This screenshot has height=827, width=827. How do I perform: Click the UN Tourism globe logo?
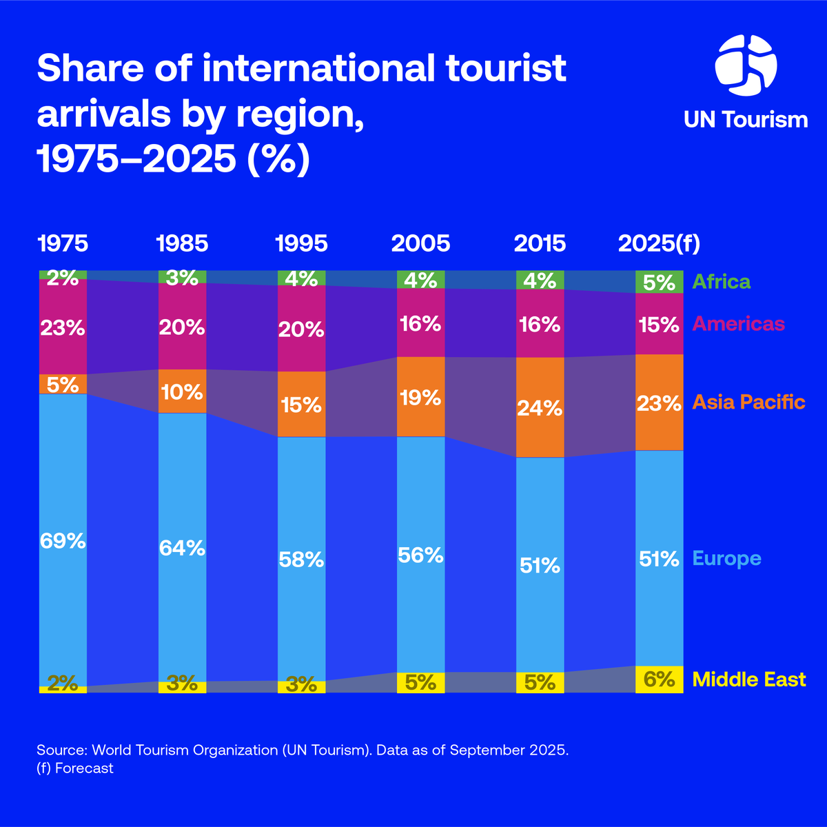tap(746, 66)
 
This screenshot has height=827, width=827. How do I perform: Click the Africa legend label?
tap(721, 282)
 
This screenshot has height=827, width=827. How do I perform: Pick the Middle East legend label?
tap(748, 680)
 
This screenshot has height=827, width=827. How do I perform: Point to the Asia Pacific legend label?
tap(748, 402)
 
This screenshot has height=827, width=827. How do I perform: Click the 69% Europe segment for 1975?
tap(63, 540)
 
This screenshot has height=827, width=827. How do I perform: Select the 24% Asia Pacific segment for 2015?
tap(540, 407)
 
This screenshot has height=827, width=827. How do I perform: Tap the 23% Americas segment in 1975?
tap(63, 327)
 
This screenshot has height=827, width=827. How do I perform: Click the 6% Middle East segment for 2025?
tap(659, 680)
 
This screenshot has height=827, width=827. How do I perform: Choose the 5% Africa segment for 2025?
tap(659, 283)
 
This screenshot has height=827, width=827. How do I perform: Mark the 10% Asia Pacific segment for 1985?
tap(182, 391)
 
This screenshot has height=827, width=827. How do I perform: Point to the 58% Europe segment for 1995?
tap(301, 559)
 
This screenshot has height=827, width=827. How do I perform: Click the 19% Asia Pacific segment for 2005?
tap(420, 397)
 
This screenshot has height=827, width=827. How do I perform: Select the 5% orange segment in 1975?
tap(63, 384)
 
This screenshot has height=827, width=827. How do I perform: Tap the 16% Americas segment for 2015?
tap(540, 324)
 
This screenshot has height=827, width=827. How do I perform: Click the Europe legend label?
tap(726, 558)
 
